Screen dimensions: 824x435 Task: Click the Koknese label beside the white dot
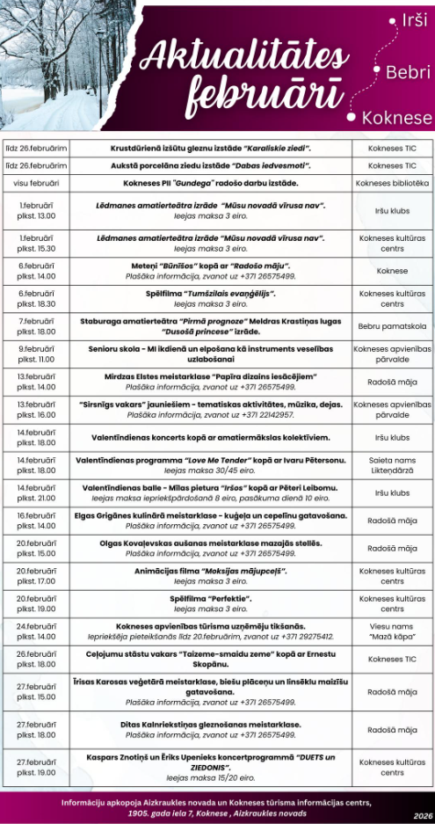coord(402,118)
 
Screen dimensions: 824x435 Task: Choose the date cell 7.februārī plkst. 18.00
coord(37,326)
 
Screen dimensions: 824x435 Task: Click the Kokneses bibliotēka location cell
coord(392,183)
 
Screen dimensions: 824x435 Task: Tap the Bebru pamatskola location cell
coord(392,326)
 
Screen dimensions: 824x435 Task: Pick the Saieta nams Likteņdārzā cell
coord(392,465)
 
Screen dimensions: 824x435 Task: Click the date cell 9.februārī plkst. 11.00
coord(37,354)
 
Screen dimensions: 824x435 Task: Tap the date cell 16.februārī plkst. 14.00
coord(37,521)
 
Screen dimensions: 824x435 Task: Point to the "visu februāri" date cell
coord(37,183)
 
